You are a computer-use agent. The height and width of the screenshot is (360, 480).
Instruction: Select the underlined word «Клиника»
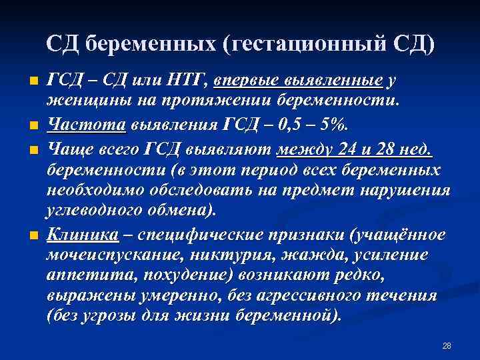83,235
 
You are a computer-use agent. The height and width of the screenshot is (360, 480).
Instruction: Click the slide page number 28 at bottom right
447,346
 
